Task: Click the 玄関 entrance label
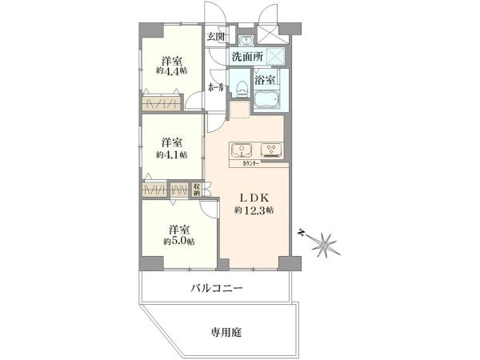click(216, 37)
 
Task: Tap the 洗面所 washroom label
click(247, 58)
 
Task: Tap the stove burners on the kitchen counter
click(272, 151)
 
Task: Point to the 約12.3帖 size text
click(254, 210)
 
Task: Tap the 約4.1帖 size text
click(172, 154)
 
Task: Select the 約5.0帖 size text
click(178, 241)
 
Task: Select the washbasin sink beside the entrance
click(246, 40)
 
